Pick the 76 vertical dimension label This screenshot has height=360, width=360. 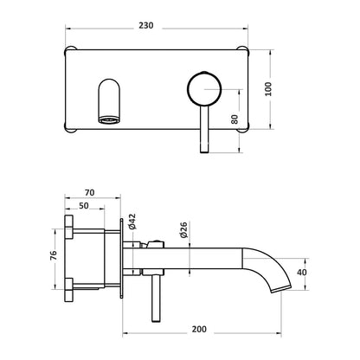(54, 255)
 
